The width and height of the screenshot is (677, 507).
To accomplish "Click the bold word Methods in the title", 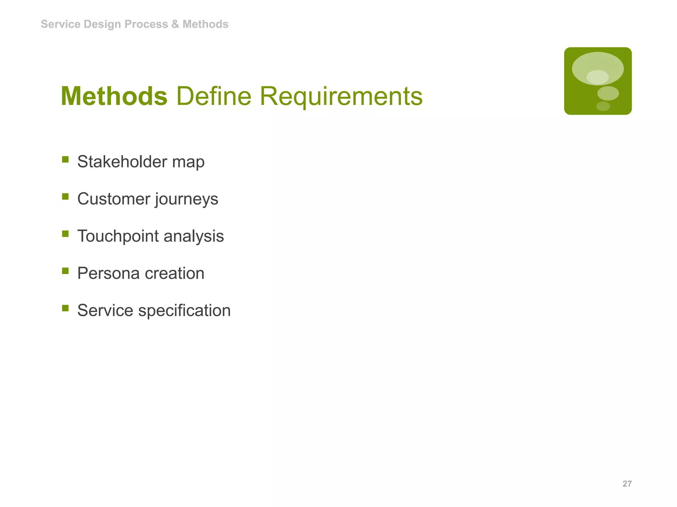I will pos(114,96).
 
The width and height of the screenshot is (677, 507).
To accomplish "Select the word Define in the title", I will pos(214,96).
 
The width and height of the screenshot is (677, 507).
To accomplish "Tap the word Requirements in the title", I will pos(341,96).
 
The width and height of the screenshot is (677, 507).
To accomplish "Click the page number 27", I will pos(627,484).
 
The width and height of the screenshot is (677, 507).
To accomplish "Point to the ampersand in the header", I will pos(175,24).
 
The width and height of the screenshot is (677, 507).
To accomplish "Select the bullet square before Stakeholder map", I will pos(65,160).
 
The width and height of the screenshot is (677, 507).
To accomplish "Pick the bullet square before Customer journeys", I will pos(65,197).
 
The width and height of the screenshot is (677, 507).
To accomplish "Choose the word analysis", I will pos(194,236).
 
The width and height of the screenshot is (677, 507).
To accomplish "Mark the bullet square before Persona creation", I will pos(65,271).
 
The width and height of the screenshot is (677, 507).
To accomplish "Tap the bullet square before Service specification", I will pos(65,308).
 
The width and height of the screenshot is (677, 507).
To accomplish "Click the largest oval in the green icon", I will pos(598,68).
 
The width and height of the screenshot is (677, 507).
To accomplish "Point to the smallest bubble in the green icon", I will pos(603,106).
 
